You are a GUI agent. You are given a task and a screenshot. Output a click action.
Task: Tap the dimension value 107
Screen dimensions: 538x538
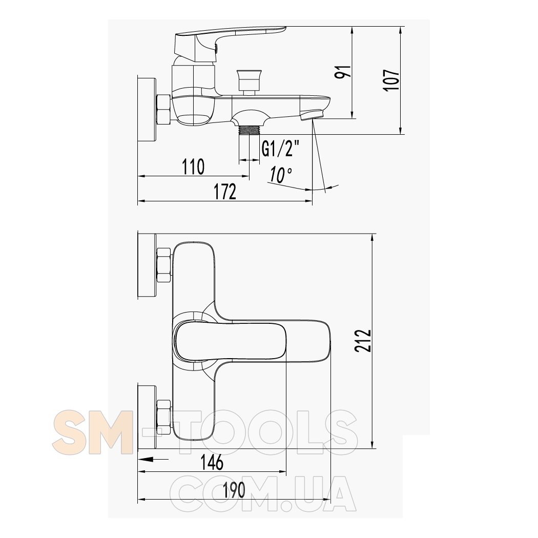(x=392, y=80)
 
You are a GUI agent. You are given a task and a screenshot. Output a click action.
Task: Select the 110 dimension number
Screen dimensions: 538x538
(x=193, y=167)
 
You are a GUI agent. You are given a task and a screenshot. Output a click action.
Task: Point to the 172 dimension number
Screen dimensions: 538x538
(x=225, y=192)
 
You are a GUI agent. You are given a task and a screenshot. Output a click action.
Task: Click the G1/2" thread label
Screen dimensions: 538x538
(x=280, y=149)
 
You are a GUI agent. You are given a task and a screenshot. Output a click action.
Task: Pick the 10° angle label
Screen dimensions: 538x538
(x=280, y=175)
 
